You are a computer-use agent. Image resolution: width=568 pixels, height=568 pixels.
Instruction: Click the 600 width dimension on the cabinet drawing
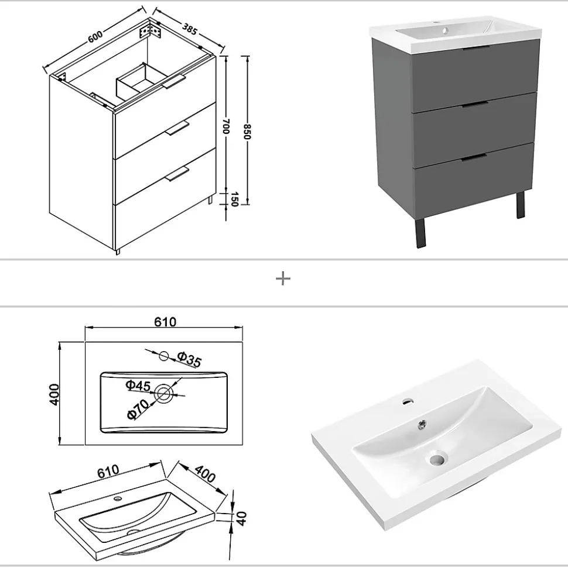pyautogui.click(x=95, y=37)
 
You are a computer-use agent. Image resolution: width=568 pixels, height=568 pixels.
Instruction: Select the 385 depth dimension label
pyautogui.click(x=190, y=29)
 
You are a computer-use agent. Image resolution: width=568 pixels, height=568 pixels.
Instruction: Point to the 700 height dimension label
pyautogui.click(x=225, y=126)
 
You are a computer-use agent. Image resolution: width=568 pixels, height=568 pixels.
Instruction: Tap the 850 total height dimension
pyautogui.click(x=247, y=132)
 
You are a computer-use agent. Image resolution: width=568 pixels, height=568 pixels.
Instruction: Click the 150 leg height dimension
pyautogui.click(x=234, y=199)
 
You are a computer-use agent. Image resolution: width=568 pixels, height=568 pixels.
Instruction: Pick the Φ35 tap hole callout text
pyautogui.click(x=189, y=359)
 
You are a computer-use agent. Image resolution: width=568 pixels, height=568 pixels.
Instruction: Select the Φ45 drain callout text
pyautogui.click(x=138, y=385)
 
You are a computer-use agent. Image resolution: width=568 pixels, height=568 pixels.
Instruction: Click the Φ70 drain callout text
pyautogui.click(x=138, y=409)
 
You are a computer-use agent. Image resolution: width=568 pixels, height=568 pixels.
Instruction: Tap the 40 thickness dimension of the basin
pyautogui.click(x=242, y=518)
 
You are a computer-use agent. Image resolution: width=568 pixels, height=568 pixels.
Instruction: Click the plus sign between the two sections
pyautogui.click(x=283, y=279)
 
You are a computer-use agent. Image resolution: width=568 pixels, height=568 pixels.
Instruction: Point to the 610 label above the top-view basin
pyautogui.click(x=165, y=322)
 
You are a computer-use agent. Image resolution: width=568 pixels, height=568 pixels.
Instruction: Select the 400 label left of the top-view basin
pyautogui.click(x=54, y=395)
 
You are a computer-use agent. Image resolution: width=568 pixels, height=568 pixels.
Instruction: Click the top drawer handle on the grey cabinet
pyautogui.click(x=476, y=48)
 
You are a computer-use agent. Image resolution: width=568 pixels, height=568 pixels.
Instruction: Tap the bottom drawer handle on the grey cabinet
pyautogui.click(x=474, y=157)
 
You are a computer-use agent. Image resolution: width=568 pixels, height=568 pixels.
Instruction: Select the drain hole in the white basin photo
pyautogui.click(x=437, y=459)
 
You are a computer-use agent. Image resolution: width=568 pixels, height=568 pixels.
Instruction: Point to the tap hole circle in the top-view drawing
pyautogui.click(x=164, y=356)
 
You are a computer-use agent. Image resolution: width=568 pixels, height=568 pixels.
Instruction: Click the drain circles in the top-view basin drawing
pyautogui.click(x=163, y=394)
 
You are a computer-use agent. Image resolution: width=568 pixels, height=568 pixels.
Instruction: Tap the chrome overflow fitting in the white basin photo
pyautogui.click(x=422, y=424)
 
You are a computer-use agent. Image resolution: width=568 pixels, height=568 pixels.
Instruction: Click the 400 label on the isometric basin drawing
pyautogui.click(x=205, y=473)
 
